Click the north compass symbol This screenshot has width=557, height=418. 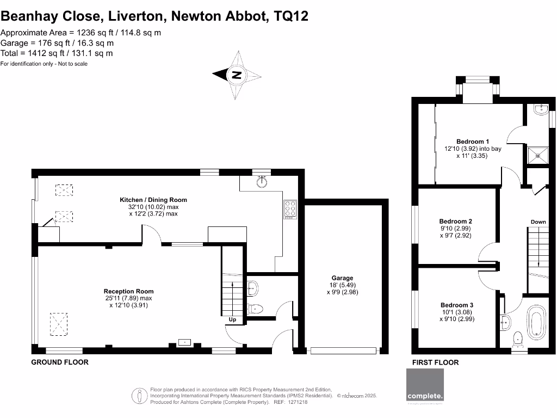(237, 75)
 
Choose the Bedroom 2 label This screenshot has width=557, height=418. (455, 222)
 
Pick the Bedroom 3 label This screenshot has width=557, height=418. (456, 305)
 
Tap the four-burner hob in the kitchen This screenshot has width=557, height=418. (290, 210)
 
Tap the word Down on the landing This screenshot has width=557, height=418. (538, 222)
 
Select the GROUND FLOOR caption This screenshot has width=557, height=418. (60, 362)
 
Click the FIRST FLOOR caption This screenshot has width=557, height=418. (435, 362)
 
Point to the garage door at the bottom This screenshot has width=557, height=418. (344, 351)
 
